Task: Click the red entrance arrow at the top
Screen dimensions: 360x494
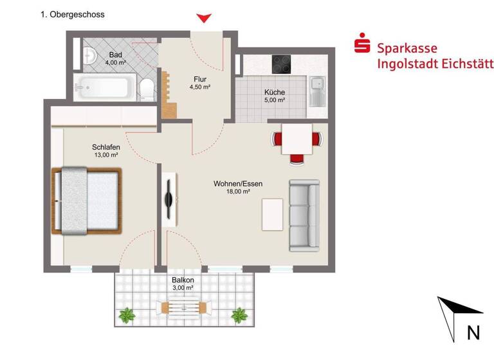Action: pos(204,19)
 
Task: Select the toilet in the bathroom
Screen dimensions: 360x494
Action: pos(147,88)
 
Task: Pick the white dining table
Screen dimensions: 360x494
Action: pos(297,138)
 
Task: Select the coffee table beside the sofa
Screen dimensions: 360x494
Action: pos(271,214)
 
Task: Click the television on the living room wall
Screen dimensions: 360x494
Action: pos(169,199)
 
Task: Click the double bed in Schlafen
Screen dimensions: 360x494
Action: pos(87,200)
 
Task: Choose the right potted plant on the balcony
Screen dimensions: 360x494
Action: pos(239,315)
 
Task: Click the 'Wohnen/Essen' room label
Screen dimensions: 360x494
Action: pos(237,184)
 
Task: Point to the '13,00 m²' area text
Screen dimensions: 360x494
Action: pos(105,155)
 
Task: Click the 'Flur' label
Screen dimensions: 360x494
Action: pos(199,79)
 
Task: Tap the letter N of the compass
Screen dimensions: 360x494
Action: pos(473,332)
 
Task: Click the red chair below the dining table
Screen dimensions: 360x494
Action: pos(297,157)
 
